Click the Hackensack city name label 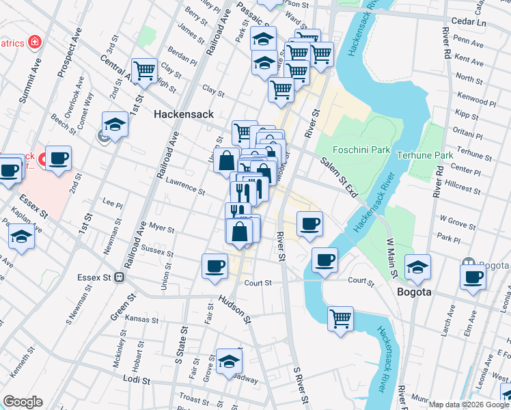pyautogui.click(x=184, y=114)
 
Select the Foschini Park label pyautogui.click(x=361, y=150)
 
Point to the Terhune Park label pyautogui.click(x=426, y=155)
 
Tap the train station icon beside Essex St pyautogui.click(x=119, y=277)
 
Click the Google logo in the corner pyautogui.click(x=23, y=402)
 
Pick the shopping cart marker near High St pyautogui.click(x=144, y=70)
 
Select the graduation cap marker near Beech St pyautogui.click(x=115, y=124)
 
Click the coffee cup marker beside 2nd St pyautogui.click(x=58, y=159)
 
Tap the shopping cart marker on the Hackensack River pyautogui.click(x=340, y=318)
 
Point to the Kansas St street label pyautogui.click(x=146, y=319)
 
